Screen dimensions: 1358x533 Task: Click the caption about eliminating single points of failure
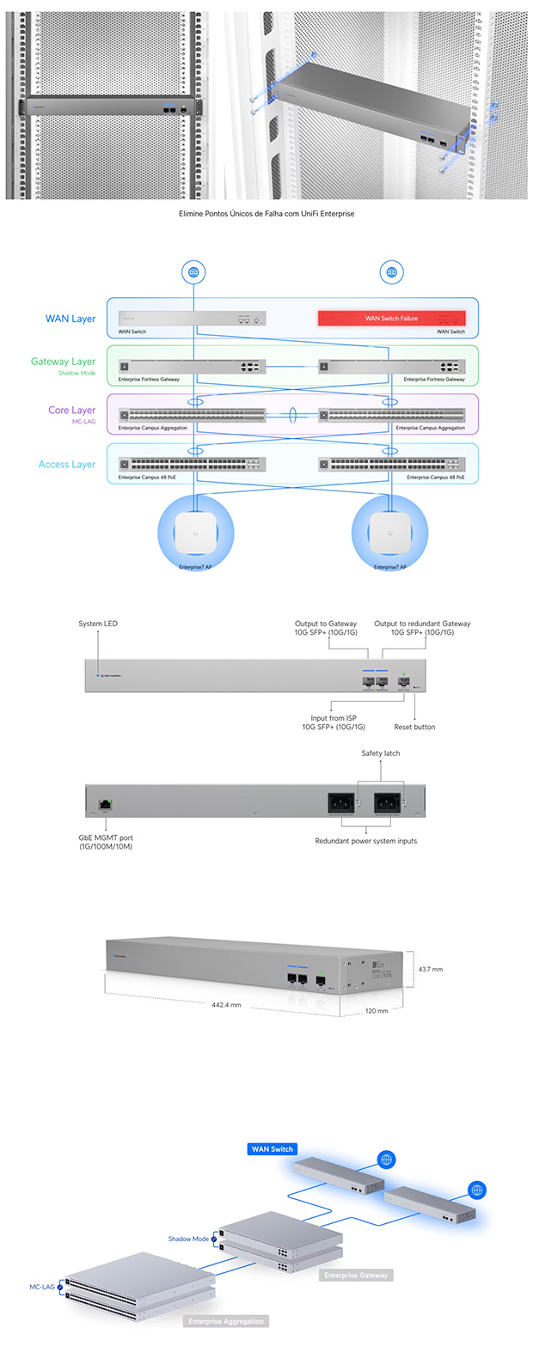[x=266, y=214]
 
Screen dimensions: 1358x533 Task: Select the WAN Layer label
[x=70, y=319]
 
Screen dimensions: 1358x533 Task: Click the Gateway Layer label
[x=63, y=362]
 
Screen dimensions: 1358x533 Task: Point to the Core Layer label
[x=71, y=411]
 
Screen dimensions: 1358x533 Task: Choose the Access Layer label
[x=67, y=465]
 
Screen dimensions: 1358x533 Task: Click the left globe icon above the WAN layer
[x=193, y=272]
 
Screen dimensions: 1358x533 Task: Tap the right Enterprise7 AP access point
[x=389, y=533]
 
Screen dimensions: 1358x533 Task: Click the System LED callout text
[x=98, y=624]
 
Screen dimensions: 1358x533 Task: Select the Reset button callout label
[x=414, y=727]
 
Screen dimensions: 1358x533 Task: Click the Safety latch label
[x=380, y=753]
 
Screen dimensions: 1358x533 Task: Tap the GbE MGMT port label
[x=106, y=842]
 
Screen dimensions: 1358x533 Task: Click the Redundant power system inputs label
[x=365, y=841]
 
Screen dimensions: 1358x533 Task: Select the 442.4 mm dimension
[x=226, y=1005]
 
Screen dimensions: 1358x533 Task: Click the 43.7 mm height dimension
[x=431, y=970]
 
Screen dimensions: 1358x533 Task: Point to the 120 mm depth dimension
[x=377, y=1011]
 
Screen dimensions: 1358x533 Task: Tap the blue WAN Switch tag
[x=272, y=1149]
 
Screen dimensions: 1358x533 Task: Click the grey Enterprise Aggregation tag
[x=226, y=1321]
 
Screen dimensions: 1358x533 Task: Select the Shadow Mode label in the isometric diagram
[x=188, y=1239]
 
